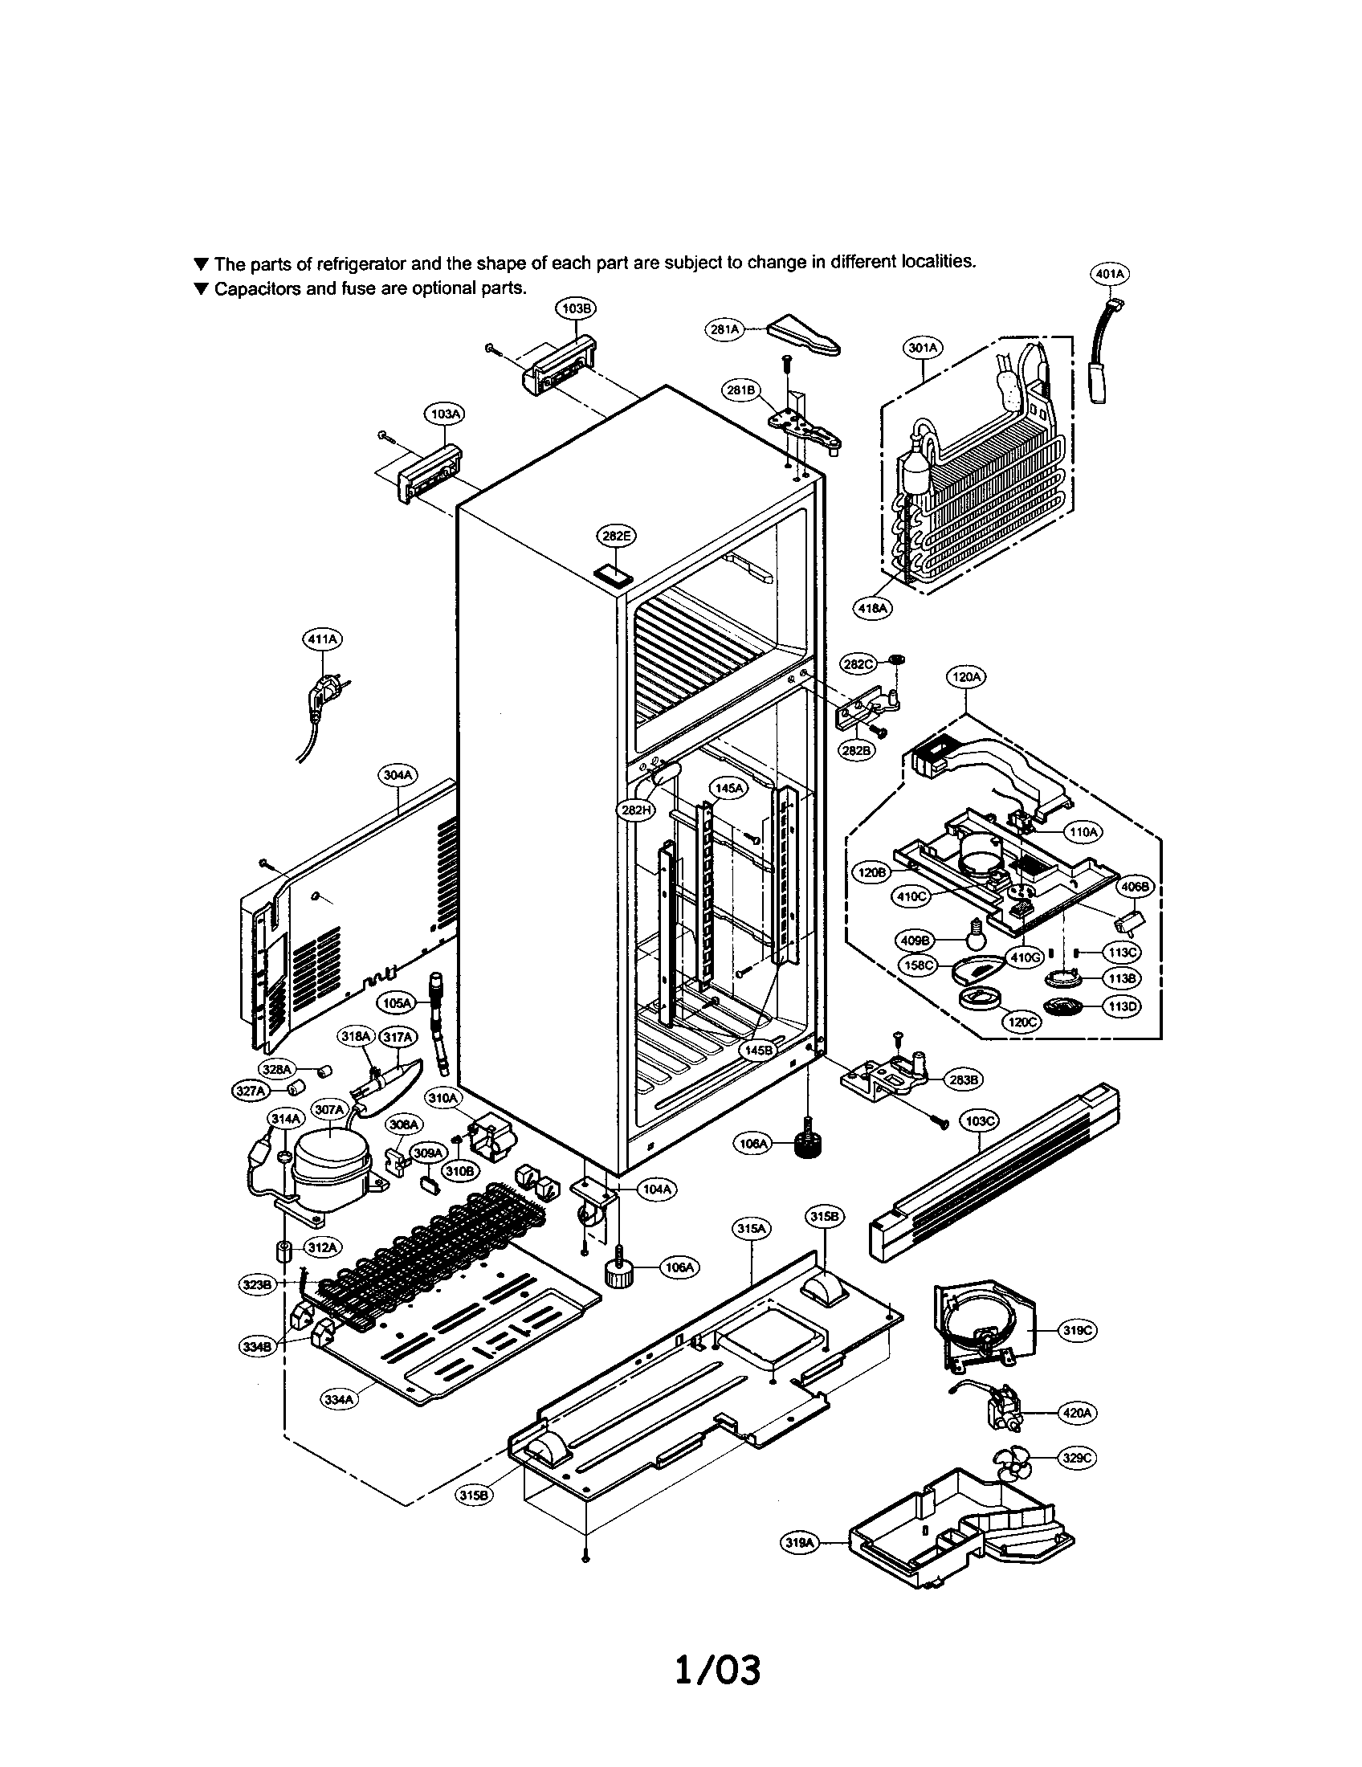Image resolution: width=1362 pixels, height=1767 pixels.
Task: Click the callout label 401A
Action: click(x=1110, y=274)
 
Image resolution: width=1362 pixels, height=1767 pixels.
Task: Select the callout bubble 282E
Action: click(x=616, y=535)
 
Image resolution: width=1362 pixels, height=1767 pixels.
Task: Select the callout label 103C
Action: click(x=980, y=1120)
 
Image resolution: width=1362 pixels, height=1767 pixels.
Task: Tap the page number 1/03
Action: click(x=718, y=1670)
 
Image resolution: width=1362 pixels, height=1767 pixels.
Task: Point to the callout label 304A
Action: click(x=399, y=774)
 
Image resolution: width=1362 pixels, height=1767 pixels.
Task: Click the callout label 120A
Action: click(x=966, y=676)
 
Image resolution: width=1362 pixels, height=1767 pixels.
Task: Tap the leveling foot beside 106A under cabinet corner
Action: click(x=806, y=1144)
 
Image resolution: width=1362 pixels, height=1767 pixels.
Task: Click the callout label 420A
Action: click(x=1078, y=1413)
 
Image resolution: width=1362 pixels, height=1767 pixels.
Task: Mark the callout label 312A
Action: click(x=322, y=1247)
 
